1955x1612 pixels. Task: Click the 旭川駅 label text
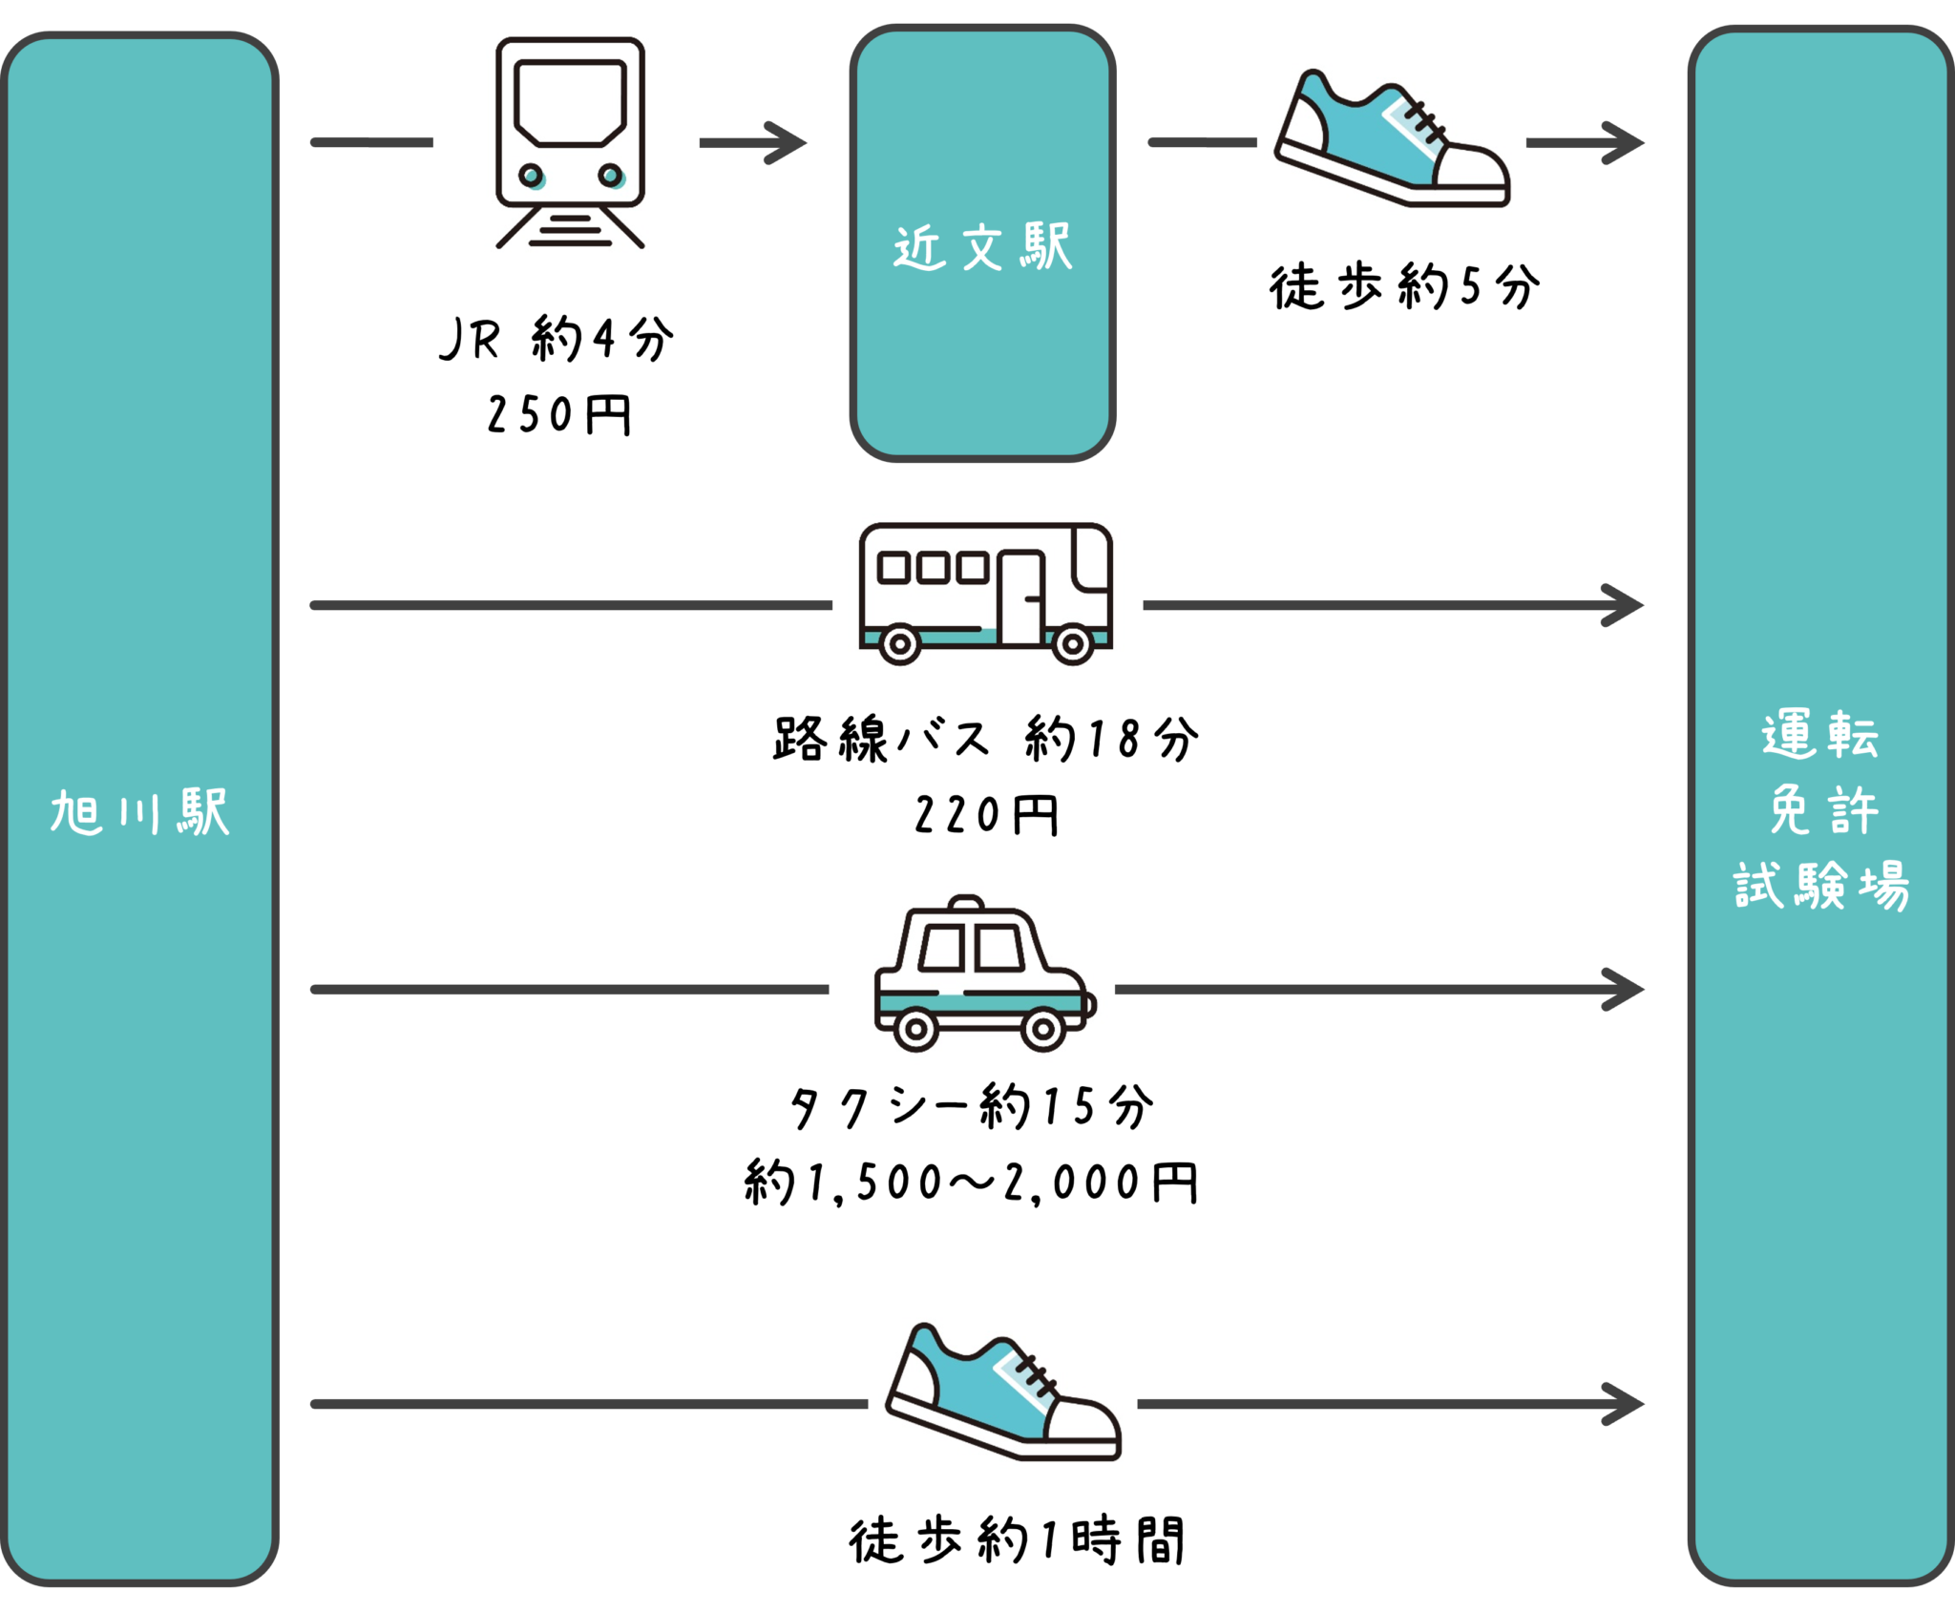pyautogui.click(x=140, y=812)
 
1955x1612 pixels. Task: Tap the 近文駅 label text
pyautogui.click(x=983, y=248)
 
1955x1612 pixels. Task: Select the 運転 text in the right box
pyautogui.click(x=1819, y=735)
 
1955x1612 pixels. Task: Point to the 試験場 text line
pyautogui.click(x=1821, y=886)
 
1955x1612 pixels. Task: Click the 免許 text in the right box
pyautogui.click(x=1821, y=810)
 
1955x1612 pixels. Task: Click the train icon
pyautogui.click(x=570, y=143)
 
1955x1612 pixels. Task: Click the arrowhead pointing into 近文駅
pyautogui.click(x=788, y=143)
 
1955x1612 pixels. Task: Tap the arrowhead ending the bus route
pyautogui.click(x=1625, y=605)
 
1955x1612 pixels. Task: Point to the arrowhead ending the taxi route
pyautogui.click(x=1625, y=990)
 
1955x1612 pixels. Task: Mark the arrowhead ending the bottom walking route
pyautogui.click(x=1625, y=1404)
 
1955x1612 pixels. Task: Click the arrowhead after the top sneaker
pyautogui.click(x=1625, y=143)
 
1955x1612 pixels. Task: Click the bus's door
pyautogui.click(x=1021, y=598)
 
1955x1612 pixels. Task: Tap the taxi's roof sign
pyautogui.click(x=967, y=902)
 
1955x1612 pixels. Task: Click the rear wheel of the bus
pyautogui.click(x=899, y=644)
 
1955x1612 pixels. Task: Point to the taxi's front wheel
pyautogui.click(x=1042, y=1030)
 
